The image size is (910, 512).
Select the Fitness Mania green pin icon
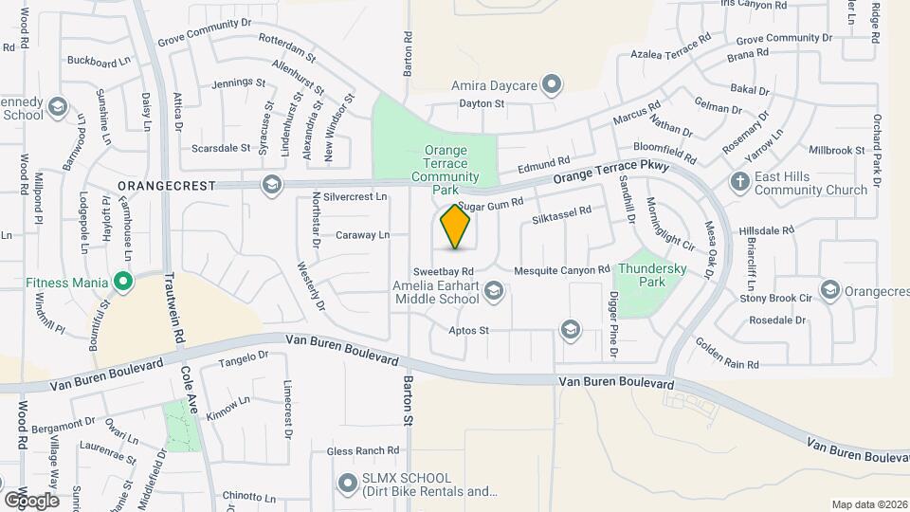pyautogui.click(x=122, y=282)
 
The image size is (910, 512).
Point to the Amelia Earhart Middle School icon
pyautogui.click(x=493, y=292)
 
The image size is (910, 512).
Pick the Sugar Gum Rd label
pyautogui.click(x=490, y=206)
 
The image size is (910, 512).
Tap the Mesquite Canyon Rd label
pyautogui.click(x=561, y=271)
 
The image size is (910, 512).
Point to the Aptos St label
pyautogui.click(x=469, y=331)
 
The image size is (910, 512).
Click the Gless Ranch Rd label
pyautogui.click(x=363, y=451)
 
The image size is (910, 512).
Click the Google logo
pyautogui.click(x=31, y=500)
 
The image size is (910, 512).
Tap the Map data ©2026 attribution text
pyautogui.click(x=869, y=504)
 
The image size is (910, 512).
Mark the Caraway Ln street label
pyautogui.click(x=363, y=235)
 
